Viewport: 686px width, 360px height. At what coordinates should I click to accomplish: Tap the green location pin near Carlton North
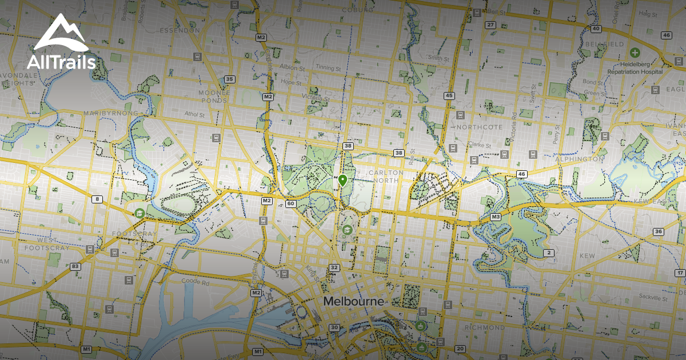point(342,181)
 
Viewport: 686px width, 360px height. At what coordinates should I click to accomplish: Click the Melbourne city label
point(354,301)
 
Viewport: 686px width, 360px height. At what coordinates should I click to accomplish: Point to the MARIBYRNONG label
point(111,113)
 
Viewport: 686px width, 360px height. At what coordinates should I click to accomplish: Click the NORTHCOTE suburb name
point(479,127)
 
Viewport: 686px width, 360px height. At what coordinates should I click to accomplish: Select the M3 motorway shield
point(496,217)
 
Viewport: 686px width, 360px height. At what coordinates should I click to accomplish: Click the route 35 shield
point(229,79)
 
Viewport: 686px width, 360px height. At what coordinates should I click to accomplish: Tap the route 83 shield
point(75,266)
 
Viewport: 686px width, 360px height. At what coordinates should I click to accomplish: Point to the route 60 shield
point(291,203)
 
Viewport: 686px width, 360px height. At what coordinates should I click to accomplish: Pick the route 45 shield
point(449,95)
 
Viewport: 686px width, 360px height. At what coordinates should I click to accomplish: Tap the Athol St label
point(194,115)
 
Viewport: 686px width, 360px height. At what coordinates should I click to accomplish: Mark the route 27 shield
point(490,25)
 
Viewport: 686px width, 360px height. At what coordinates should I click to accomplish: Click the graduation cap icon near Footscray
point(138,213)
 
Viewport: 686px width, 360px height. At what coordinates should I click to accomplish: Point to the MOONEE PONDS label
point(214,96)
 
